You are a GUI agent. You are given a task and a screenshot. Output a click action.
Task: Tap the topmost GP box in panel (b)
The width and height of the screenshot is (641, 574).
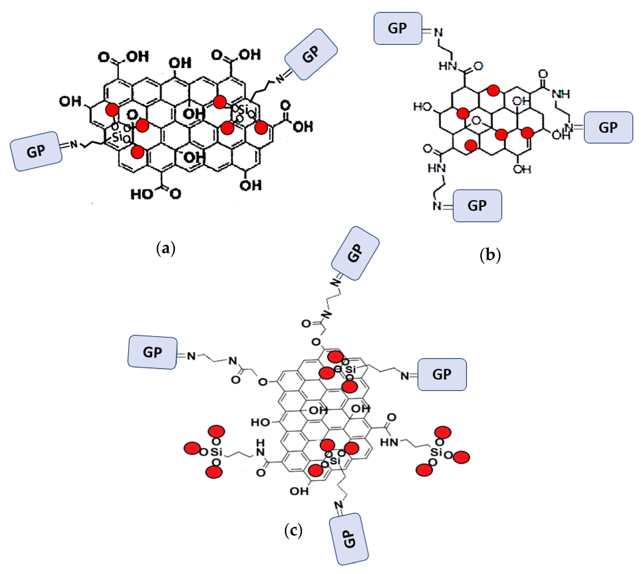click(x=398, y=28)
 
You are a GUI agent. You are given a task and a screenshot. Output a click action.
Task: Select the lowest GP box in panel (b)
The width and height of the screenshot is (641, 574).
click(x=477, y=206)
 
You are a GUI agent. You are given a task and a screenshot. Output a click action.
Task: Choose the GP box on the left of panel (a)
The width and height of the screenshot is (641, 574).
click(x=36, y=151)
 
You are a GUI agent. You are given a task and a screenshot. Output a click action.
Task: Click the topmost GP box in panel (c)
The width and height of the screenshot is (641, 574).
click(x=355, y=253)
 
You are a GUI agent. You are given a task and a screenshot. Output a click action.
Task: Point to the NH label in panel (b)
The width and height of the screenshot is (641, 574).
click(x=561, y=94)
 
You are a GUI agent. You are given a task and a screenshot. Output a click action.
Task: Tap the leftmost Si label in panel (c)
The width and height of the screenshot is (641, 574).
click(x=216, y=452)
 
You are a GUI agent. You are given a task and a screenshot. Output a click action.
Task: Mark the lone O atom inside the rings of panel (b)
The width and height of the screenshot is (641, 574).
click(x=476, y=121)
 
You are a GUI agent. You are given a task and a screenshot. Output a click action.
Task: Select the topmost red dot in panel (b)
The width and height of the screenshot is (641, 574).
click(x=493, y=90)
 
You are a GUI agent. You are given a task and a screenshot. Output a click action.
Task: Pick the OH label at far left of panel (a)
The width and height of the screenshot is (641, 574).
click(x=70, y=102)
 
